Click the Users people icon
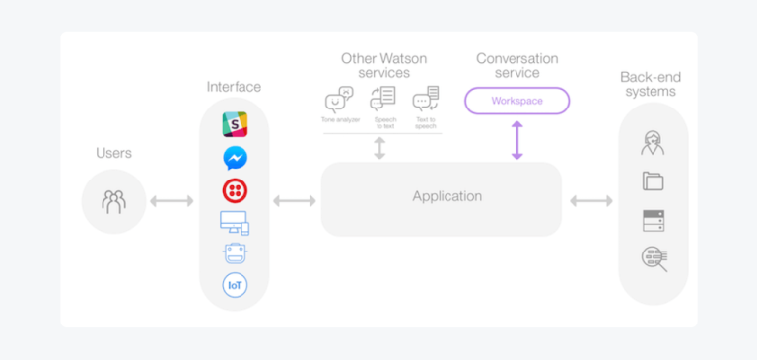113,201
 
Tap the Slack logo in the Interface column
235,124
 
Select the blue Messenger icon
235,157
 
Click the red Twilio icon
235,190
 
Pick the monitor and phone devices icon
235,223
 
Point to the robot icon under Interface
235,253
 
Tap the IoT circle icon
235,286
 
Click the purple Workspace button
516,101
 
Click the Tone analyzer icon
339,100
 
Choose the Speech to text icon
382,99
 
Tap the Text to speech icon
426,99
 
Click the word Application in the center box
447,197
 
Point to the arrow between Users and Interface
172,201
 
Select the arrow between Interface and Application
295,201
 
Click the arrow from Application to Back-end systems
591,201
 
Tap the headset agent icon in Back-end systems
653,144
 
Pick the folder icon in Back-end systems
653,181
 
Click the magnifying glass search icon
654,259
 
